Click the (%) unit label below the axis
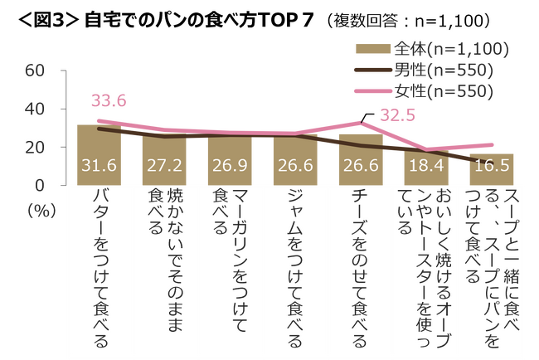click(39, 211)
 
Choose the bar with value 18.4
click(425, 168)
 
